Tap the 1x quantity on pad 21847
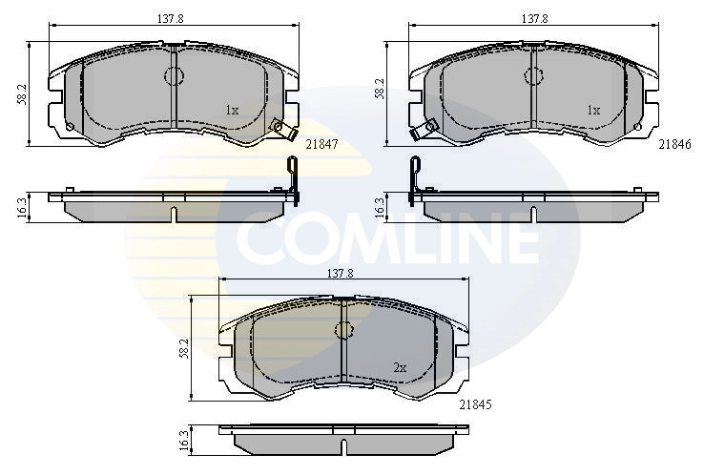(232, 110)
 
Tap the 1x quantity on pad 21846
(593, 110)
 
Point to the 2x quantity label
(401, 367)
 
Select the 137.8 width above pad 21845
(341, 273)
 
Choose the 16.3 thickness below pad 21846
(381, 206)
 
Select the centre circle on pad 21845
(343, 330)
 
